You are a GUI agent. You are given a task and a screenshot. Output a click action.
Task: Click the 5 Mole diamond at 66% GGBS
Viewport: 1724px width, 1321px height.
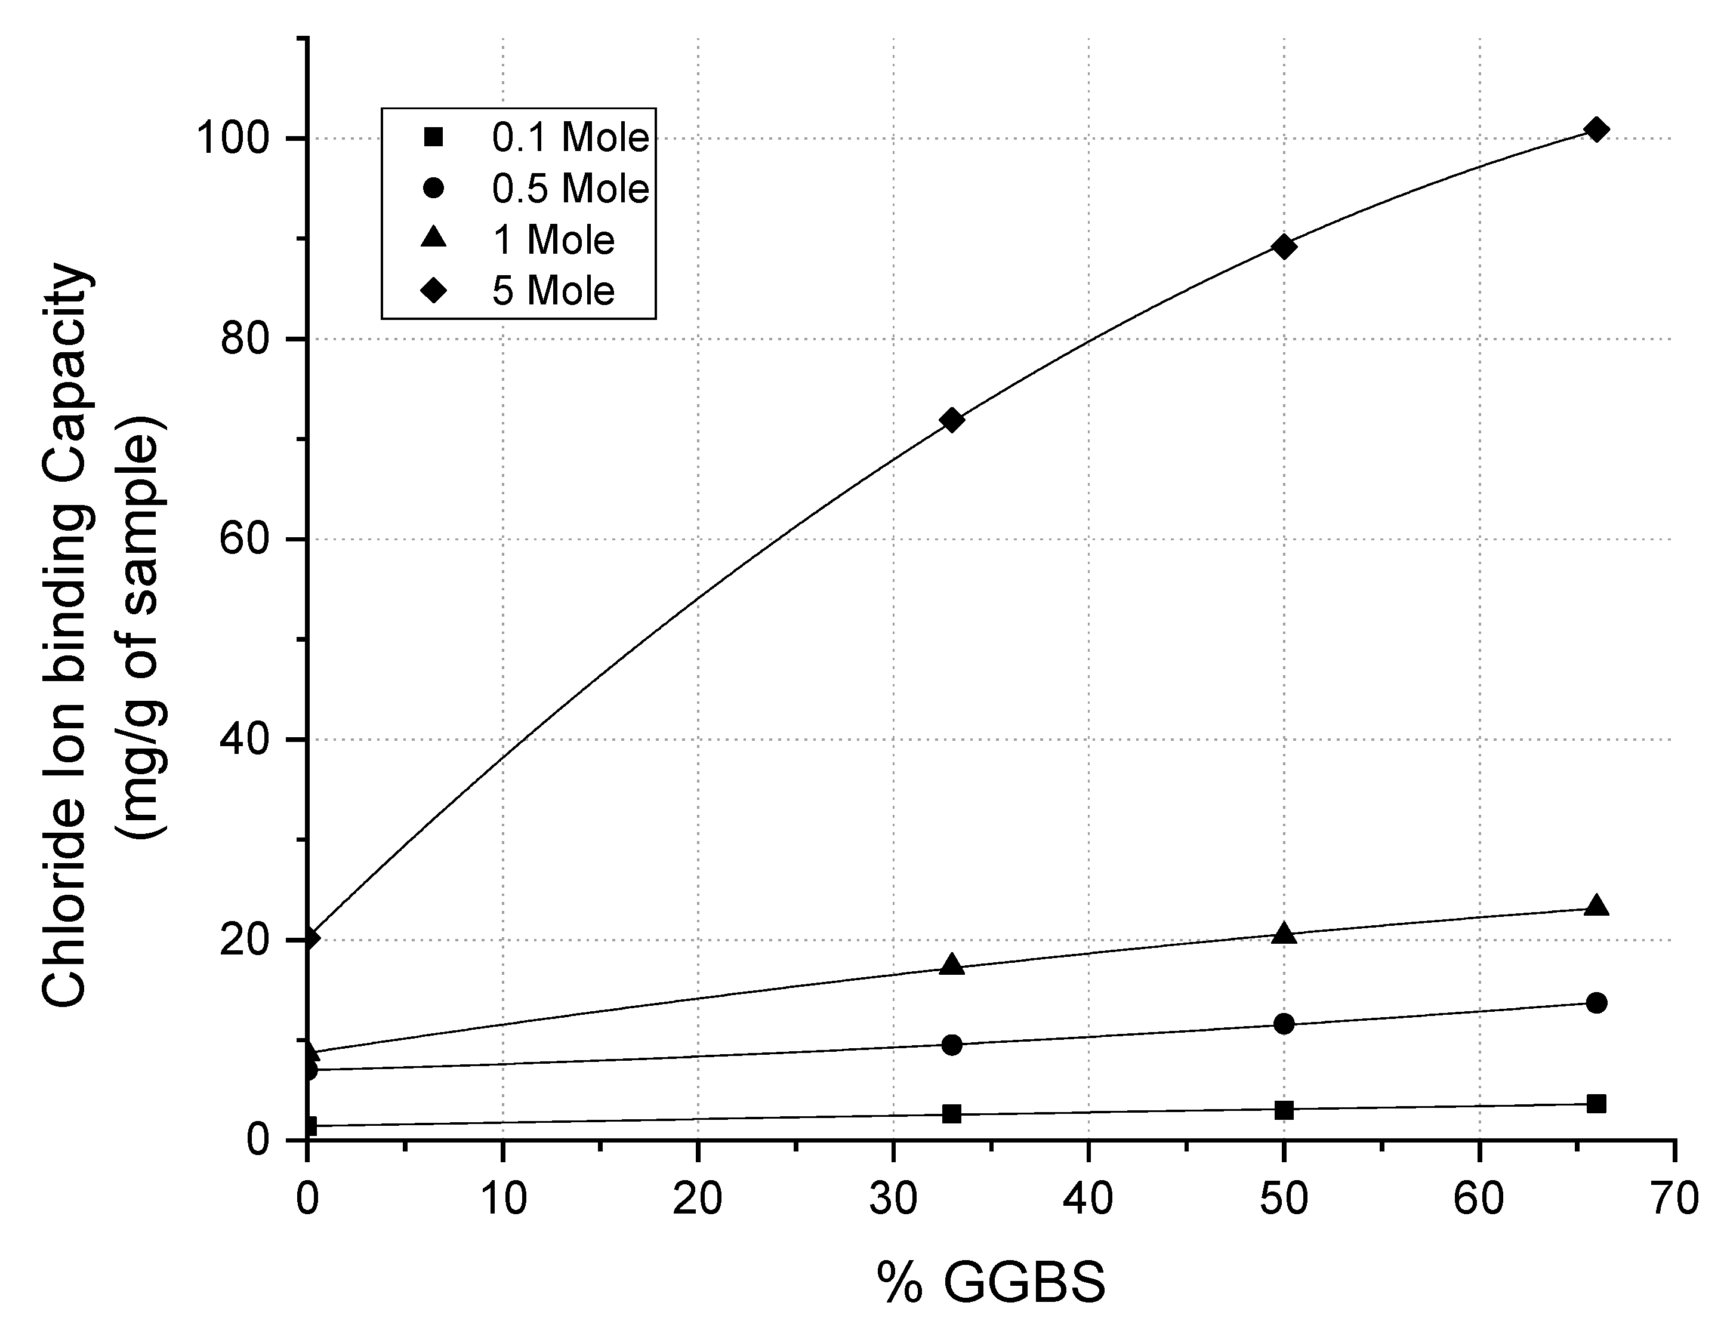1596,130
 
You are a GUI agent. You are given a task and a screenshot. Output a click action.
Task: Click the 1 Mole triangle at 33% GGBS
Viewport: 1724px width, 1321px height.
952,965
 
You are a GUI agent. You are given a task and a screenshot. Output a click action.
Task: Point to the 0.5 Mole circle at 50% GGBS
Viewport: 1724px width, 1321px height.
1284,1024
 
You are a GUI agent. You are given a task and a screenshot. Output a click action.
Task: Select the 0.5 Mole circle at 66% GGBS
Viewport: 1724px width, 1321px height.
1596,1003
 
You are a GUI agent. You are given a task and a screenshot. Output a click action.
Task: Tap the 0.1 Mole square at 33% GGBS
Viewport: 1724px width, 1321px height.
952,1113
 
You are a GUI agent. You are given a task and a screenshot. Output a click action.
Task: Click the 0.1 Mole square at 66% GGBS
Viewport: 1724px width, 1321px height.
1596,1104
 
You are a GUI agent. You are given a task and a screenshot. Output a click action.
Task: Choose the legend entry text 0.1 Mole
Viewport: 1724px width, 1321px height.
570,138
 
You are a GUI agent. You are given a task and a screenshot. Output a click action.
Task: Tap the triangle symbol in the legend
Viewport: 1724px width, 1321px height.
433,238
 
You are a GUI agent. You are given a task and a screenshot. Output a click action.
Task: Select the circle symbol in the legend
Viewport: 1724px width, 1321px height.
433,189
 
